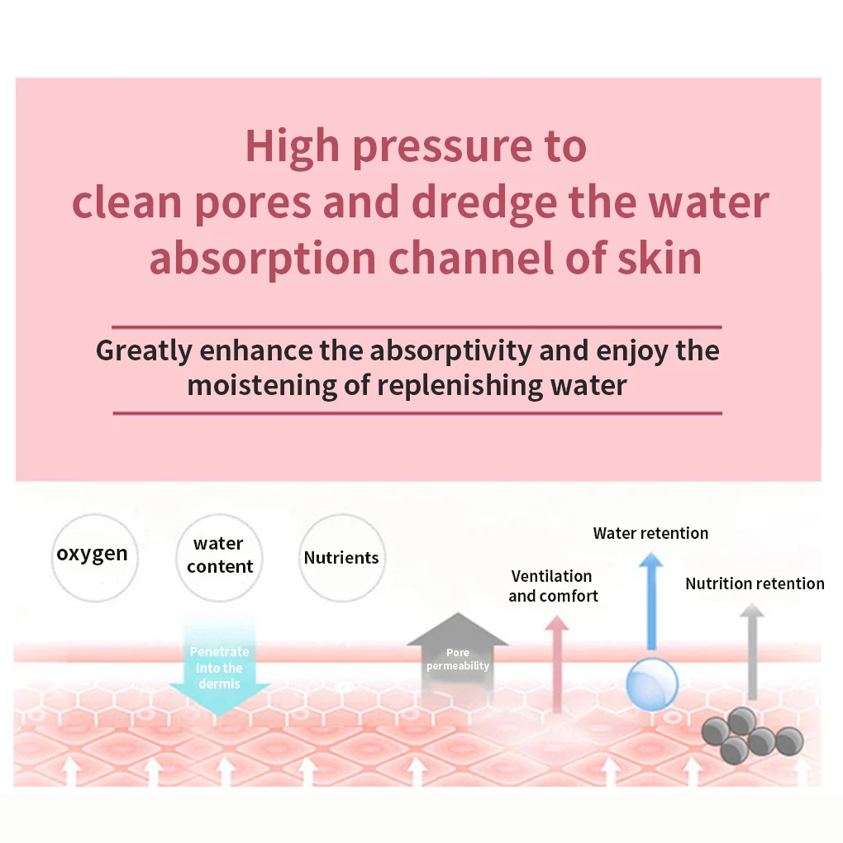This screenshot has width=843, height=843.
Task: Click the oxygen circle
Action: click(x=92, y=555)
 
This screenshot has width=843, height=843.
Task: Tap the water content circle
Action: click(x=220, y=556)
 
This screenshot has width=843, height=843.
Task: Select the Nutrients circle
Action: click(x=341, y=558)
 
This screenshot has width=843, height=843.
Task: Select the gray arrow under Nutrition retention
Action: click(x=751, y=649)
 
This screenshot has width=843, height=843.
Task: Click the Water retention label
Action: click(x=650, y=533)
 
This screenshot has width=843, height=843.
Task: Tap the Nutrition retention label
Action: click(x=755, y=583)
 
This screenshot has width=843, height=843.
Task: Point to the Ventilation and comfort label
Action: click(x=552, y=586)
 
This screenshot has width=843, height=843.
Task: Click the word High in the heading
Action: click(x=292, y=146)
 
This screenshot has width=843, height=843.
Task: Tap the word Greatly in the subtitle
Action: click(x=145, y=350)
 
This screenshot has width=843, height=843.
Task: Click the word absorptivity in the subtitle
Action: click(x=450, y=350)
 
